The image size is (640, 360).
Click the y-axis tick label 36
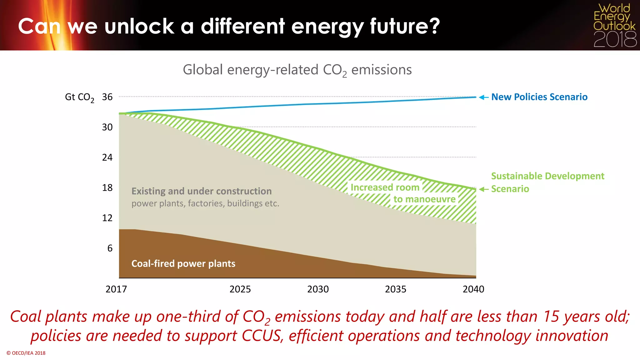tap(107, 97)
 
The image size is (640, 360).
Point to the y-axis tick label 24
tap(107, 157)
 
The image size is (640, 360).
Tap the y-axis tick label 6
tap(110, 248)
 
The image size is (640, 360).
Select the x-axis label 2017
tap(116, 289)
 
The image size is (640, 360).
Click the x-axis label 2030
tap(318, 289)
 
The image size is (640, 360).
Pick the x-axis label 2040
tap(473, 289)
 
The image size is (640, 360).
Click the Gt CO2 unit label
tap(79, 97)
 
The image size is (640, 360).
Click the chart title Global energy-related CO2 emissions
tap(297, 70)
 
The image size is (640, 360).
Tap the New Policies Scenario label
tap(539, 97)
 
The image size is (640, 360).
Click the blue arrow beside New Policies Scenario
tap(483, 97)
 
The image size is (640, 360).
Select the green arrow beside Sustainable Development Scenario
tap(483, 189)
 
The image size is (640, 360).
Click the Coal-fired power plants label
tap(183, 263)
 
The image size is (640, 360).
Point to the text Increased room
tap(385, 187)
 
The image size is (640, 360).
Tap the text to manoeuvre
tap(424, 199)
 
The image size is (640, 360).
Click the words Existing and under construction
tap(202, 191)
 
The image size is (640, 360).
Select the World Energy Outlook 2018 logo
tap(614, 25)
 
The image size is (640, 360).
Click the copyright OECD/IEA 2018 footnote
tap(26, 353)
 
